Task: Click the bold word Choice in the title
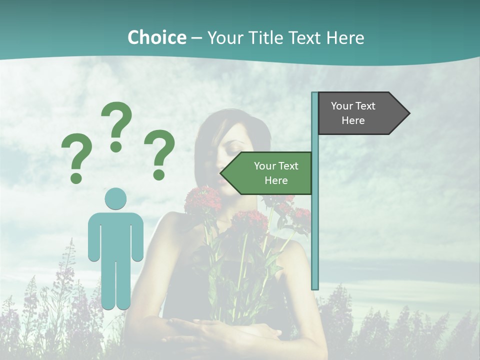click(156, 37)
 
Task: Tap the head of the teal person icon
click(115, 198)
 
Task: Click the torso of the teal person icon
click(115, 235)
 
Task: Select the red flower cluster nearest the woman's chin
click(202, 200)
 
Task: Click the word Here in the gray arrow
click(353, 120)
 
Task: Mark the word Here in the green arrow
click(276, 180)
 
